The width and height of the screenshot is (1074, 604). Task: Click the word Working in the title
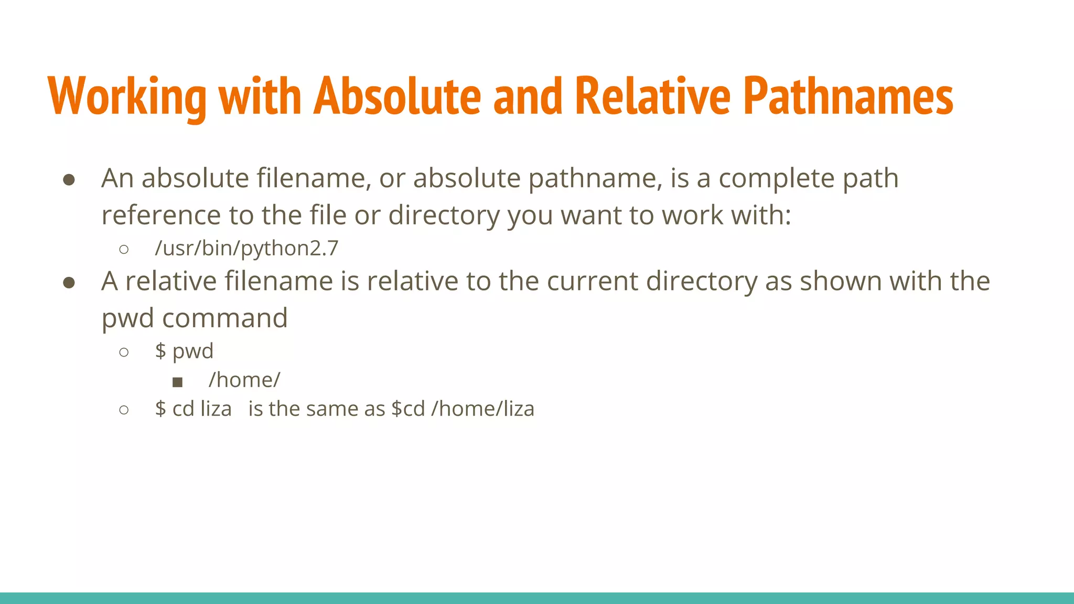coord(127,96)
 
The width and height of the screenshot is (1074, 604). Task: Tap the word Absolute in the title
coord(397,96)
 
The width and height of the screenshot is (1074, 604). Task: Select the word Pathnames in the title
coord(848,96)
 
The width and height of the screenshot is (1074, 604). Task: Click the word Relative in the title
coord(652,96)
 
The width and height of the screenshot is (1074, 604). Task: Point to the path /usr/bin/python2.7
coord(246,248)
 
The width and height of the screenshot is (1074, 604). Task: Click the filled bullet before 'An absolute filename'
coord(69,180)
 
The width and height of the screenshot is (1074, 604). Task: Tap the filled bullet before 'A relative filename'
coord(69,283)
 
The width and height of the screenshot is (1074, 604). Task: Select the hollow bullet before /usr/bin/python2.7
coord(124,249)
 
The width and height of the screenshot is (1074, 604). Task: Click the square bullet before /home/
coord(177,382)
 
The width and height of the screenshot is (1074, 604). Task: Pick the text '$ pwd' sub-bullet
coord(184,351)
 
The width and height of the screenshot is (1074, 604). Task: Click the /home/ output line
coord(244,380)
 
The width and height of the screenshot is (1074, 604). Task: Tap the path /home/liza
coord(482,408)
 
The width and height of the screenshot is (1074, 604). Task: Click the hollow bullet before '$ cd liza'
coord(124,409)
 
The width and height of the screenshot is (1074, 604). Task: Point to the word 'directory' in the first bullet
coord(444,215)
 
